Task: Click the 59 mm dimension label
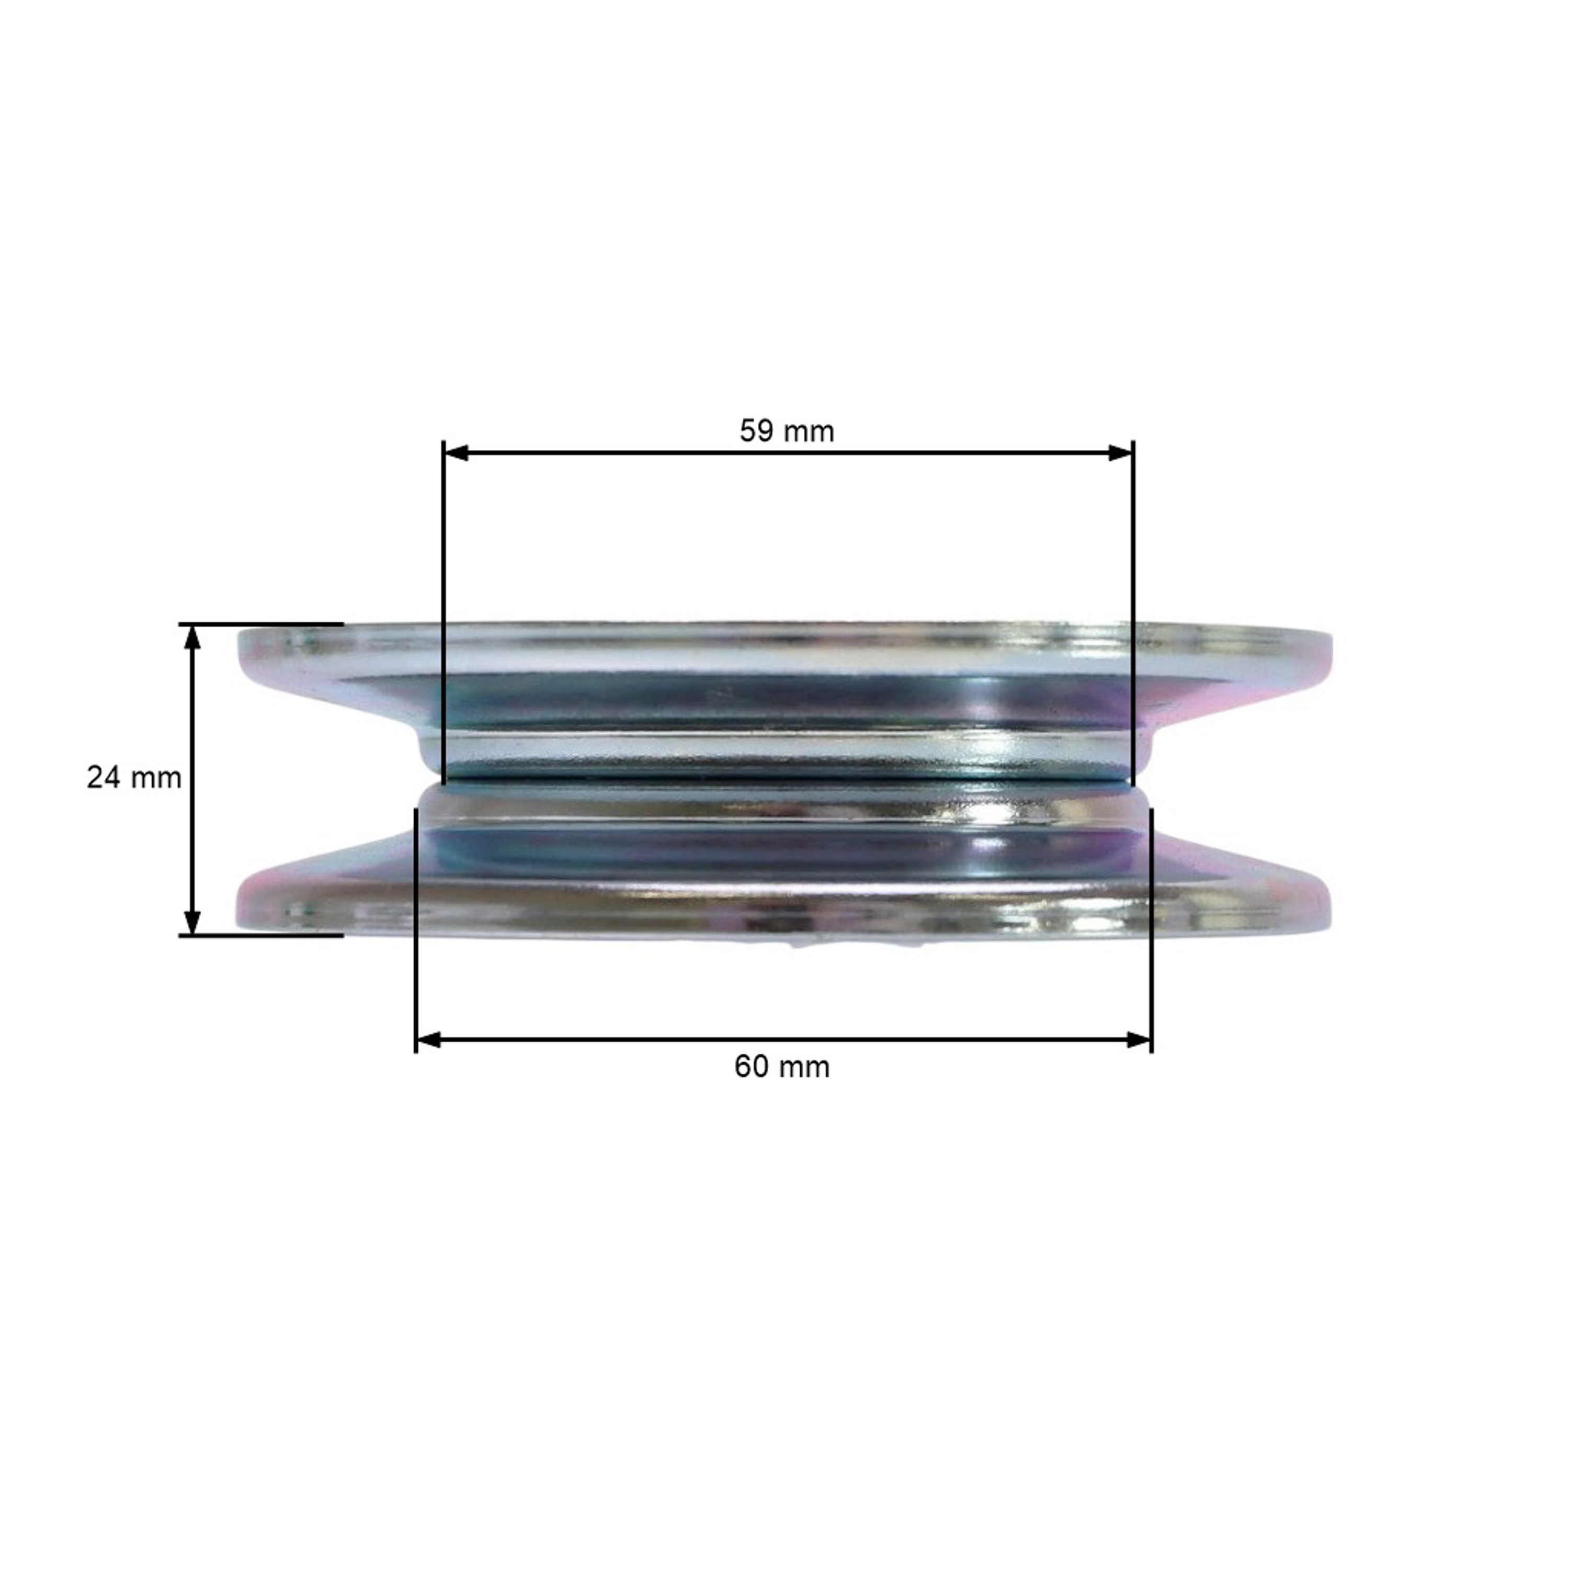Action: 786,431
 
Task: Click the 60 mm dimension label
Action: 782,1066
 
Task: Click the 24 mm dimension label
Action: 134,778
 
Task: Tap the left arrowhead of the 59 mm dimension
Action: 456,452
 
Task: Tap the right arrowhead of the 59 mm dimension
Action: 1121,452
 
